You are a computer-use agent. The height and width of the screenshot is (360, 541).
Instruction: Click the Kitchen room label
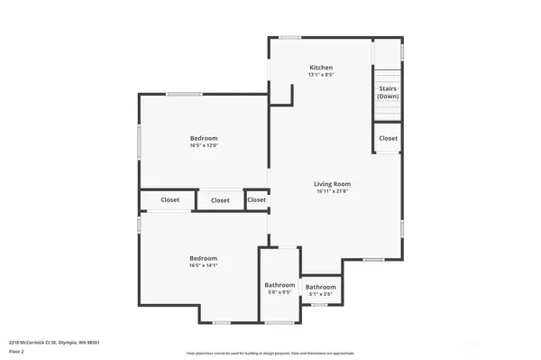(x=321, y=68)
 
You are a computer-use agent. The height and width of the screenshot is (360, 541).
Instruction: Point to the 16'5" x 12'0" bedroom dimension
(x=204, y=145)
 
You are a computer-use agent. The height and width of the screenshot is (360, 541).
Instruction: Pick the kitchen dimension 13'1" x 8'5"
(x=321, y=76)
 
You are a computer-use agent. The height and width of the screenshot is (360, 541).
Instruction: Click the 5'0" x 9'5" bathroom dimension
(x=279, y=292)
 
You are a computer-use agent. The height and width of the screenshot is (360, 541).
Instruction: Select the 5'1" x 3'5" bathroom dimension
(x=320, y=294)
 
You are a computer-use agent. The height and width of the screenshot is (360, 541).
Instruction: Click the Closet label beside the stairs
(x=388, y=138)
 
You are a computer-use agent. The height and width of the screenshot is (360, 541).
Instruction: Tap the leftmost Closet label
(x=170, y=199)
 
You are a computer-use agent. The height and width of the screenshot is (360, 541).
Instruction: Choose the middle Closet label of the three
(x=220, y=200)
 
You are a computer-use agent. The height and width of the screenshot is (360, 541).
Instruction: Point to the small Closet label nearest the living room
(x=257, y=200)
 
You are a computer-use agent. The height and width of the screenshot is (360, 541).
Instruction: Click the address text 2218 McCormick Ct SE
(x=54, y=343)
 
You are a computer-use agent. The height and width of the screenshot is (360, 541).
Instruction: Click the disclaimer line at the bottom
(x=270, y=353)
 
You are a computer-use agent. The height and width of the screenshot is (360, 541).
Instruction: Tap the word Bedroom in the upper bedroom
(x=204, y=137)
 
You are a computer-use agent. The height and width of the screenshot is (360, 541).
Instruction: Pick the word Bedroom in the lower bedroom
(x=203, y=258)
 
